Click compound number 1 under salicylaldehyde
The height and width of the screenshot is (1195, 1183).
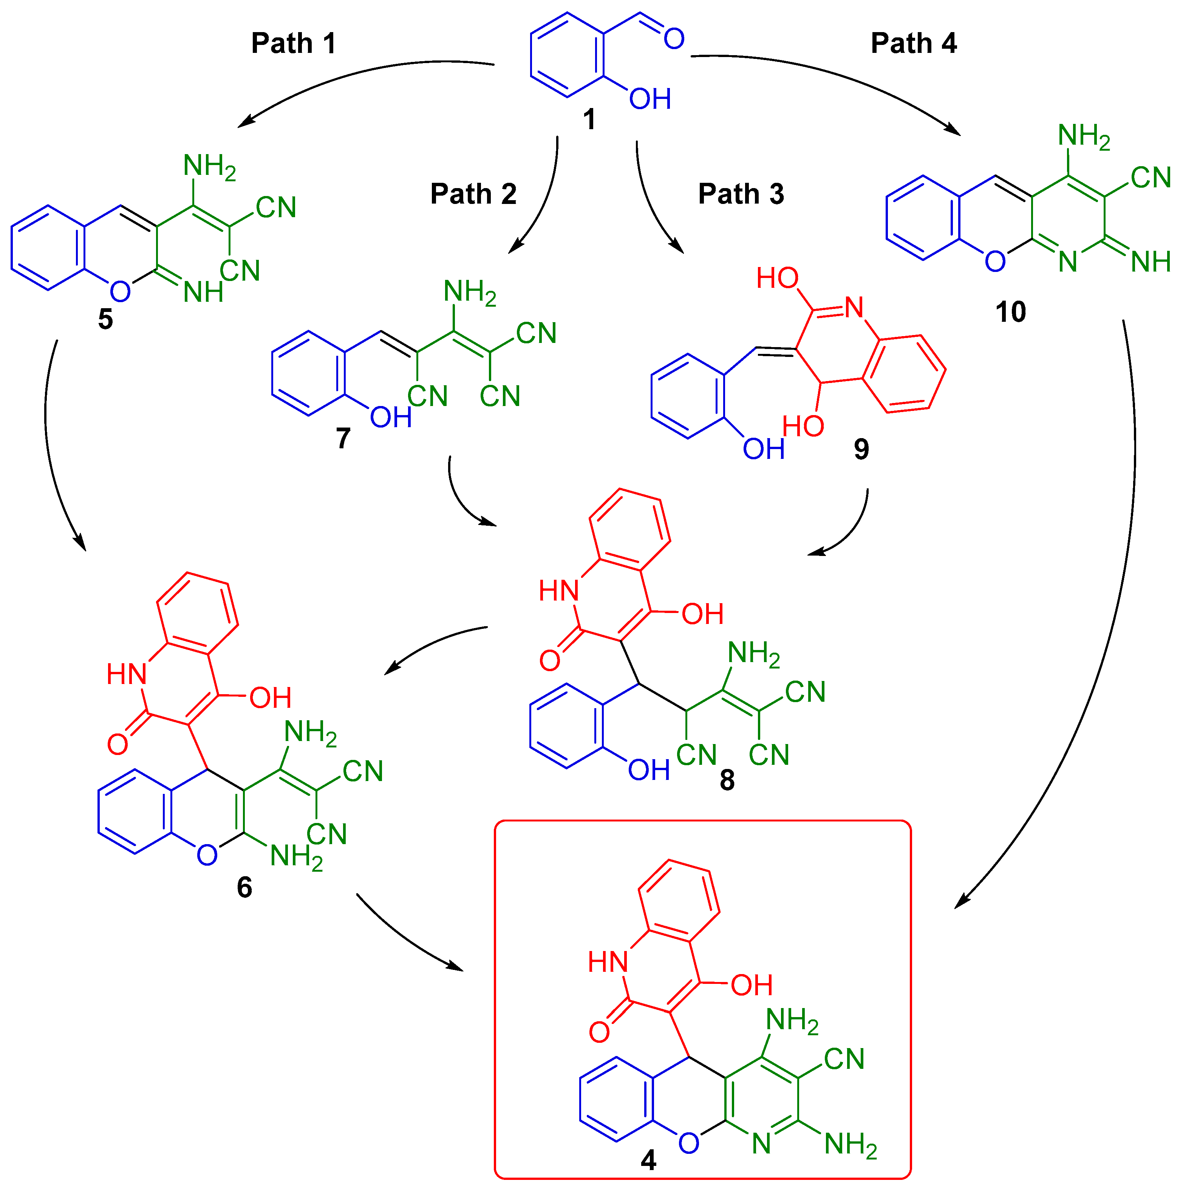point(589,119)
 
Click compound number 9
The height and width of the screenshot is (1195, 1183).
point(861,449)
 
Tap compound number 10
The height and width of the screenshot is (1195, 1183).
point(1010,312)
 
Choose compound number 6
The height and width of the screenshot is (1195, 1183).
point(244,888)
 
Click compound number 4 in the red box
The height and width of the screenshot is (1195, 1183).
point(648,1160)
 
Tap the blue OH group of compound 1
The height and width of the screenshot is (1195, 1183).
point(649,99)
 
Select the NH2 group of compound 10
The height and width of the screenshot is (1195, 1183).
point(1083,136)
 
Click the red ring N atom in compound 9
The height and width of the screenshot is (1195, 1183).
point(854,307)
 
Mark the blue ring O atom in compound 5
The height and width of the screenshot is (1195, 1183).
point(120,291)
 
